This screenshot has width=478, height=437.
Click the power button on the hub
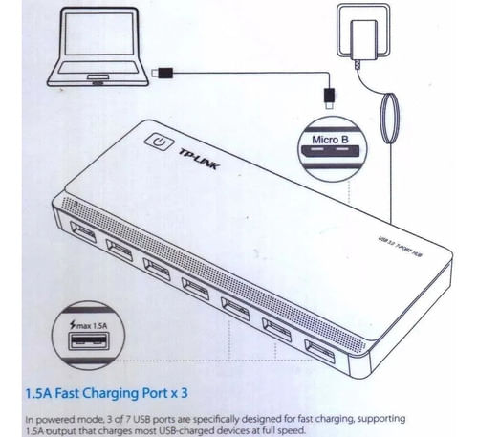click(x=159, y=142)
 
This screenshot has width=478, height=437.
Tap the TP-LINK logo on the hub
click(x=199, y=159)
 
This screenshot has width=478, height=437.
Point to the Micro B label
click(x=330, y=140)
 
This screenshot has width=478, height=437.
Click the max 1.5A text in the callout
click(x=92, y=326)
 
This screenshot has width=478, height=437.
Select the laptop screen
click(x=98, y=34)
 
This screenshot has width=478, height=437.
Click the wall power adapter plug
click(x=363, y=40)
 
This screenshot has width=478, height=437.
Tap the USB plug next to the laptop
click(x=162, y=73)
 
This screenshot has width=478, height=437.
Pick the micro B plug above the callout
click(x=329, y=98)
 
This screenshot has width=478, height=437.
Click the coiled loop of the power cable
click(x=389, y=118)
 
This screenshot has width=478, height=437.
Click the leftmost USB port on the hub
click(x=83, y=232)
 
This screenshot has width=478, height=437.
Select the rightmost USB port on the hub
click(x=319, y=352)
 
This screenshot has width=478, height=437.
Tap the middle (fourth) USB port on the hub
click(x=195, y=289)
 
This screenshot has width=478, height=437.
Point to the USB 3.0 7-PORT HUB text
click(x=401, y=247)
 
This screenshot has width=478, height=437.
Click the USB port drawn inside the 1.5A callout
click(x=89, y=341)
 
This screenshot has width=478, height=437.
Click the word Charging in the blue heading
click(x=112, y=394)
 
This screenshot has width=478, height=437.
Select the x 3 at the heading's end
click(x=180, y=393)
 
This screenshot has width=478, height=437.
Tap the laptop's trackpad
click(x=98, y=77)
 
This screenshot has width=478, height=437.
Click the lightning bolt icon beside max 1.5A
click(x=73, y=325)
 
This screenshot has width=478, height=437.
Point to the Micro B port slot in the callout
click(x=331, y=151)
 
